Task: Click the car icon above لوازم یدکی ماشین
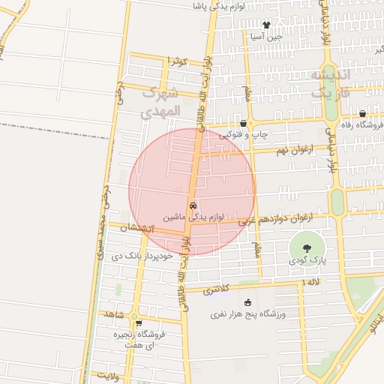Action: click(x=193, y=205)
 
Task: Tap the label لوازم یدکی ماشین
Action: click(x=191, y=216)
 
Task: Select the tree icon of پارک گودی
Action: click(x=306, y=247)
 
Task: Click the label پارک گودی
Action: click(x=306, y=260)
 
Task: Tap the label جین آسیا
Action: click(x=266, y=36)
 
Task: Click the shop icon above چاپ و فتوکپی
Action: click(x=243, y=124)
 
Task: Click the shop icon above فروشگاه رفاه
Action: click(x=362, y=114)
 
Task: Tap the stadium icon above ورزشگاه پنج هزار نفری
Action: click(x=248, y=302)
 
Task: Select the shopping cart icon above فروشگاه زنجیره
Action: click(x=139, y=323)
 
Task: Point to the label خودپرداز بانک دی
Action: click(x=142, y=256)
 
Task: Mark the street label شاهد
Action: click(x=114, y=313)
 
